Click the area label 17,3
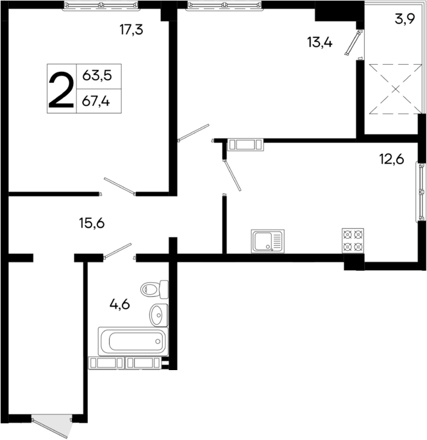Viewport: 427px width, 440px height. (131, 29)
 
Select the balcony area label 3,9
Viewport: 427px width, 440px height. (403, 19)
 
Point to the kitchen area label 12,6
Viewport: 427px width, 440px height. (391, 160)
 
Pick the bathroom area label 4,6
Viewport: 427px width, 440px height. (119, 304)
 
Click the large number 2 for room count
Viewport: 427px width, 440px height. (62, 89)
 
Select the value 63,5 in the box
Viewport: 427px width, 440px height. (97, 76)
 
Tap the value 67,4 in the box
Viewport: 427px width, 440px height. (97, 100)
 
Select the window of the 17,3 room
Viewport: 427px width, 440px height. (101, 5)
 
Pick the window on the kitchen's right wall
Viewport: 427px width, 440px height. (421, 190)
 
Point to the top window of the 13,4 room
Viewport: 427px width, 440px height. (224, 5)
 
